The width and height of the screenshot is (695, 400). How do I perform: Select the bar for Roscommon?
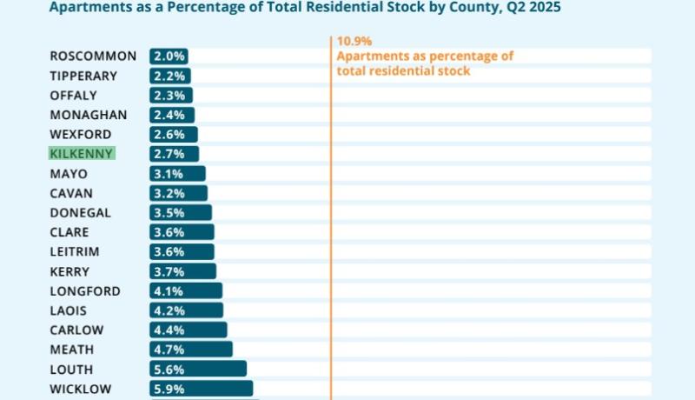tap(169, 57)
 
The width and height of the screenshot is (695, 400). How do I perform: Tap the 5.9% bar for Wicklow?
tap(201, 389)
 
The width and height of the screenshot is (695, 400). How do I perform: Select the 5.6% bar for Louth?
tap(197, 369)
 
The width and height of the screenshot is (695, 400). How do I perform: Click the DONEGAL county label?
tap(80, 213)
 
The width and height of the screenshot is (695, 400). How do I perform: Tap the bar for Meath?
tap(190, 350)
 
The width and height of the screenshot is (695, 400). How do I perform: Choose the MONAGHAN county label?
tap(89, 115)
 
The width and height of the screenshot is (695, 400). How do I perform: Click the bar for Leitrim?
tap(182, 252)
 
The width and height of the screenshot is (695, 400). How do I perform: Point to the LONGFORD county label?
tap(85, 291)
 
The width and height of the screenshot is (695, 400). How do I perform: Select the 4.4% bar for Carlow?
tap(188, 330)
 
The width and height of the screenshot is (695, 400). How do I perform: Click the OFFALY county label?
tap(74, 96)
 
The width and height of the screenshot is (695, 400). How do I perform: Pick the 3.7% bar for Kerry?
tap(182, 271)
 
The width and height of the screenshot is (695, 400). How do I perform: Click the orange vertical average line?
tap(331, 217)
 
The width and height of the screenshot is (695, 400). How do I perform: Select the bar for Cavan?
tap(178, 193)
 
